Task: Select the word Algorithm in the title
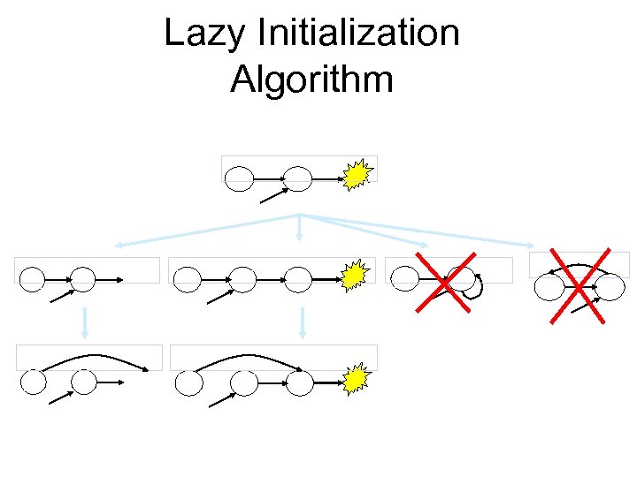[311, 79]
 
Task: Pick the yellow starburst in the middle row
[354, 276]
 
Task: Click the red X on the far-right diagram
[578, 284]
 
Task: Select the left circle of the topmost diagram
[239, 179]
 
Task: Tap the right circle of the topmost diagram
[298, 179]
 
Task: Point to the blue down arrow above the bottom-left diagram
[85, 322]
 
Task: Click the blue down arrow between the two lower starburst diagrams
[302, 322]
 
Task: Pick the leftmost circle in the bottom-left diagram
[34, 382]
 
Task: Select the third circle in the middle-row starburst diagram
[299, 280]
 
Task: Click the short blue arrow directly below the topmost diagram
[301, 227]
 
